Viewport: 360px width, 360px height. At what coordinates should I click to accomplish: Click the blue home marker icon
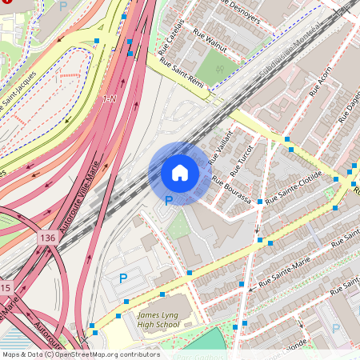click(x=180, y=172)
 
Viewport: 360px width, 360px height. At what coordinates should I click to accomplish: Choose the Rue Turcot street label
click(x=240, y=161)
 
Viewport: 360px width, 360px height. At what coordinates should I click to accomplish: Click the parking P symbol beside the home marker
click(x=168, y=201)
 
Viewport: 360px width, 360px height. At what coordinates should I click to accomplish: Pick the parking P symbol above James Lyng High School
click(x=123, y=278)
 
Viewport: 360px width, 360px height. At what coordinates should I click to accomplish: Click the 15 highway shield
click(x=6, y=287)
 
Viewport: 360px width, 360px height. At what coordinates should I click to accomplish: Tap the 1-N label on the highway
click(x=110, y=99)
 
